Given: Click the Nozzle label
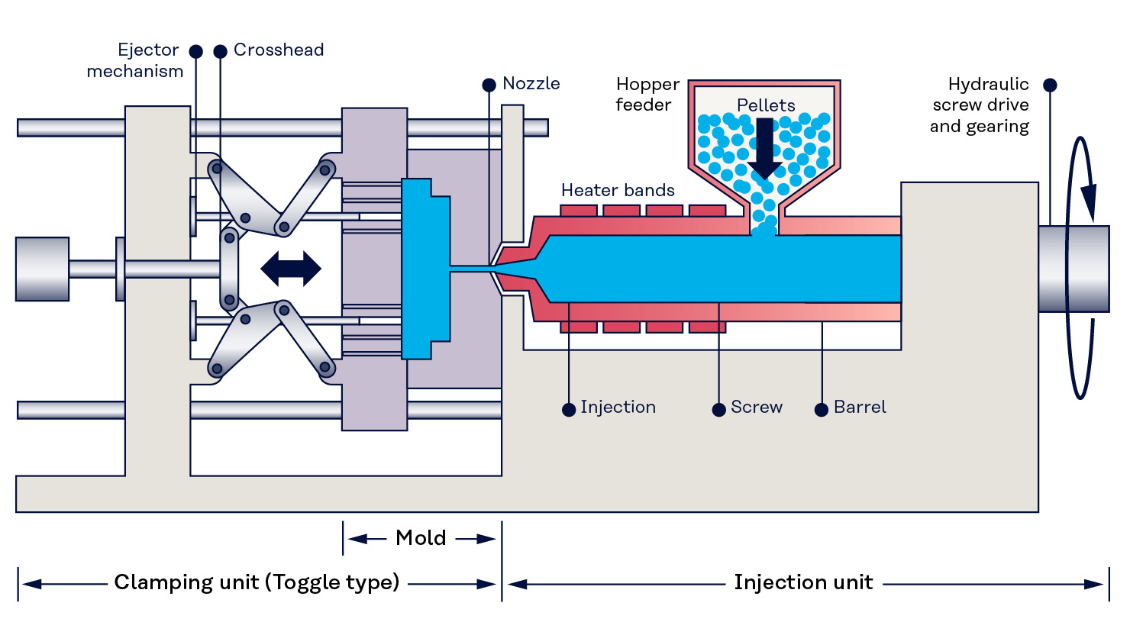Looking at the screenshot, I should pos(531,84).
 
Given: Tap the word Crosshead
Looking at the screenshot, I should pos(279,50).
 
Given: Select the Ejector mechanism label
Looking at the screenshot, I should pos(135,61).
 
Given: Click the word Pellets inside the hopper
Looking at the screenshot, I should pos(766,105).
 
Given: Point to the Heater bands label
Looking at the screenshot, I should pos(618,190).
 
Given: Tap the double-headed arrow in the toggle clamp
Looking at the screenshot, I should pos(291,269).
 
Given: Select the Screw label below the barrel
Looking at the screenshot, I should pos(756,408).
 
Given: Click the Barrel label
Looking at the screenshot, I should pos(860,408).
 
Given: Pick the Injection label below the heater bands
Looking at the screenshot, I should pos(618,408).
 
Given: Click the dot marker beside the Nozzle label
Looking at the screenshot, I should pos(489,85).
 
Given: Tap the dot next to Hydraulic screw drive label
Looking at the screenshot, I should pos(1050,85).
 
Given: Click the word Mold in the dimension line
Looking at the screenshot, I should pos(421,538).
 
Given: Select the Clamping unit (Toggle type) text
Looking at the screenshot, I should pos(257,582).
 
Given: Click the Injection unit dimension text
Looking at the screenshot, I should pos(803,582).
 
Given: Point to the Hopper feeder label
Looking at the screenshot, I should pos(647,95).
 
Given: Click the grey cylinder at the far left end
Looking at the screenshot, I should pos(43,269).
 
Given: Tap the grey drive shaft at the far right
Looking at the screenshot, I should pos(1073,269).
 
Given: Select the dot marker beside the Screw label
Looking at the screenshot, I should pos(718,410).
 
